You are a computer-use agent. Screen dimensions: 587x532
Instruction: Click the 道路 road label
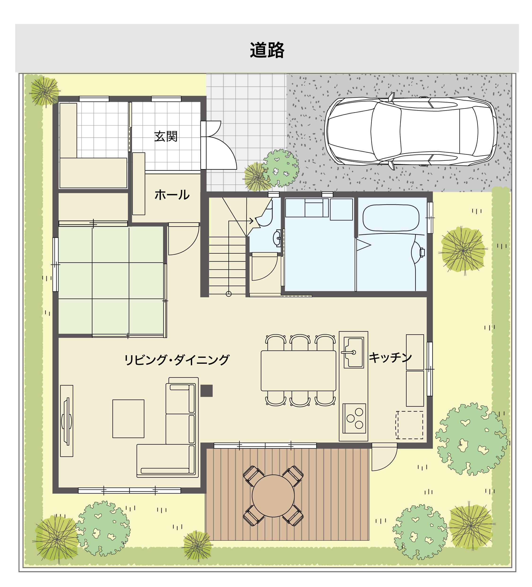267,50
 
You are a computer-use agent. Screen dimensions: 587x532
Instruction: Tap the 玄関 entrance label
166,136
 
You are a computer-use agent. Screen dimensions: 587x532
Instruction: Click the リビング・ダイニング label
177,360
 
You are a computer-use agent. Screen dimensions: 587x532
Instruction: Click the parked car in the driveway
410,131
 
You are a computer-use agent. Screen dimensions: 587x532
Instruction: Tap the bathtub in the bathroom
391,218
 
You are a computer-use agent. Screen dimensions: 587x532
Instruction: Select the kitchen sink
354,352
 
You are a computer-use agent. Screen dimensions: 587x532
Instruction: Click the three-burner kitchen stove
354,418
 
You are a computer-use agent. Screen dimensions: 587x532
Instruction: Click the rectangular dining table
298,370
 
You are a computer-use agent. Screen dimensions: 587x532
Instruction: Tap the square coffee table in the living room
128,419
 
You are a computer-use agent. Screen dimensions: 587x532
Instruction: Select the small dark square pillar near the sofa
206,391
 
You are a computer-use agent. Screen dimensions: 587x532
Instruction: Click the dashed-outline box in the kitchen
410,425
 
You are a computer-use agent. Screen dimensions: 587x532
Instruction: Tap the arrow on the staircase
250,221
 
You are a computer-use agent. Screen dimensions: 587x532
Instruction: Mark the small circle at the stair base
229,294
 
